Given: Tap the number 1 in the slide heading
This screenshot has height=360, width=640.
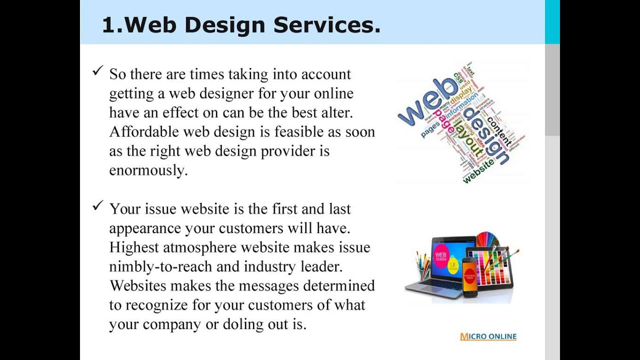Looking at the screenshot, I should point(107,25).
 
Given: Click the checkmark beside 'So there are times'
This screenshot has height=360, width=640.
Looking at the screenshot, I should point(97,71).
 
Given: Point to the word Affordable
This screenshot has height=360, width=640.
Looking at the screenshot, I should point(144,132).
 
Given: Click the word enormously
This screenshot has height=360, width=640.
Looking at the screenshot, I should point(148,170).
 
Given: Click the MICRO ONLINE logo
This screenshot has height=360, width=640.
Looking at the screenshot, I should point(488,336).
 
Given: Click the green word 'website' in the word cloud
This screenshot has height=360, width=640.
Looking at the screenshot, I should point(478,170).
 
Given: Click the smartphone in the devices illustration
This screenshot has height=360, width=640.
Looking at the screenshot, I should point(470,277).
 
